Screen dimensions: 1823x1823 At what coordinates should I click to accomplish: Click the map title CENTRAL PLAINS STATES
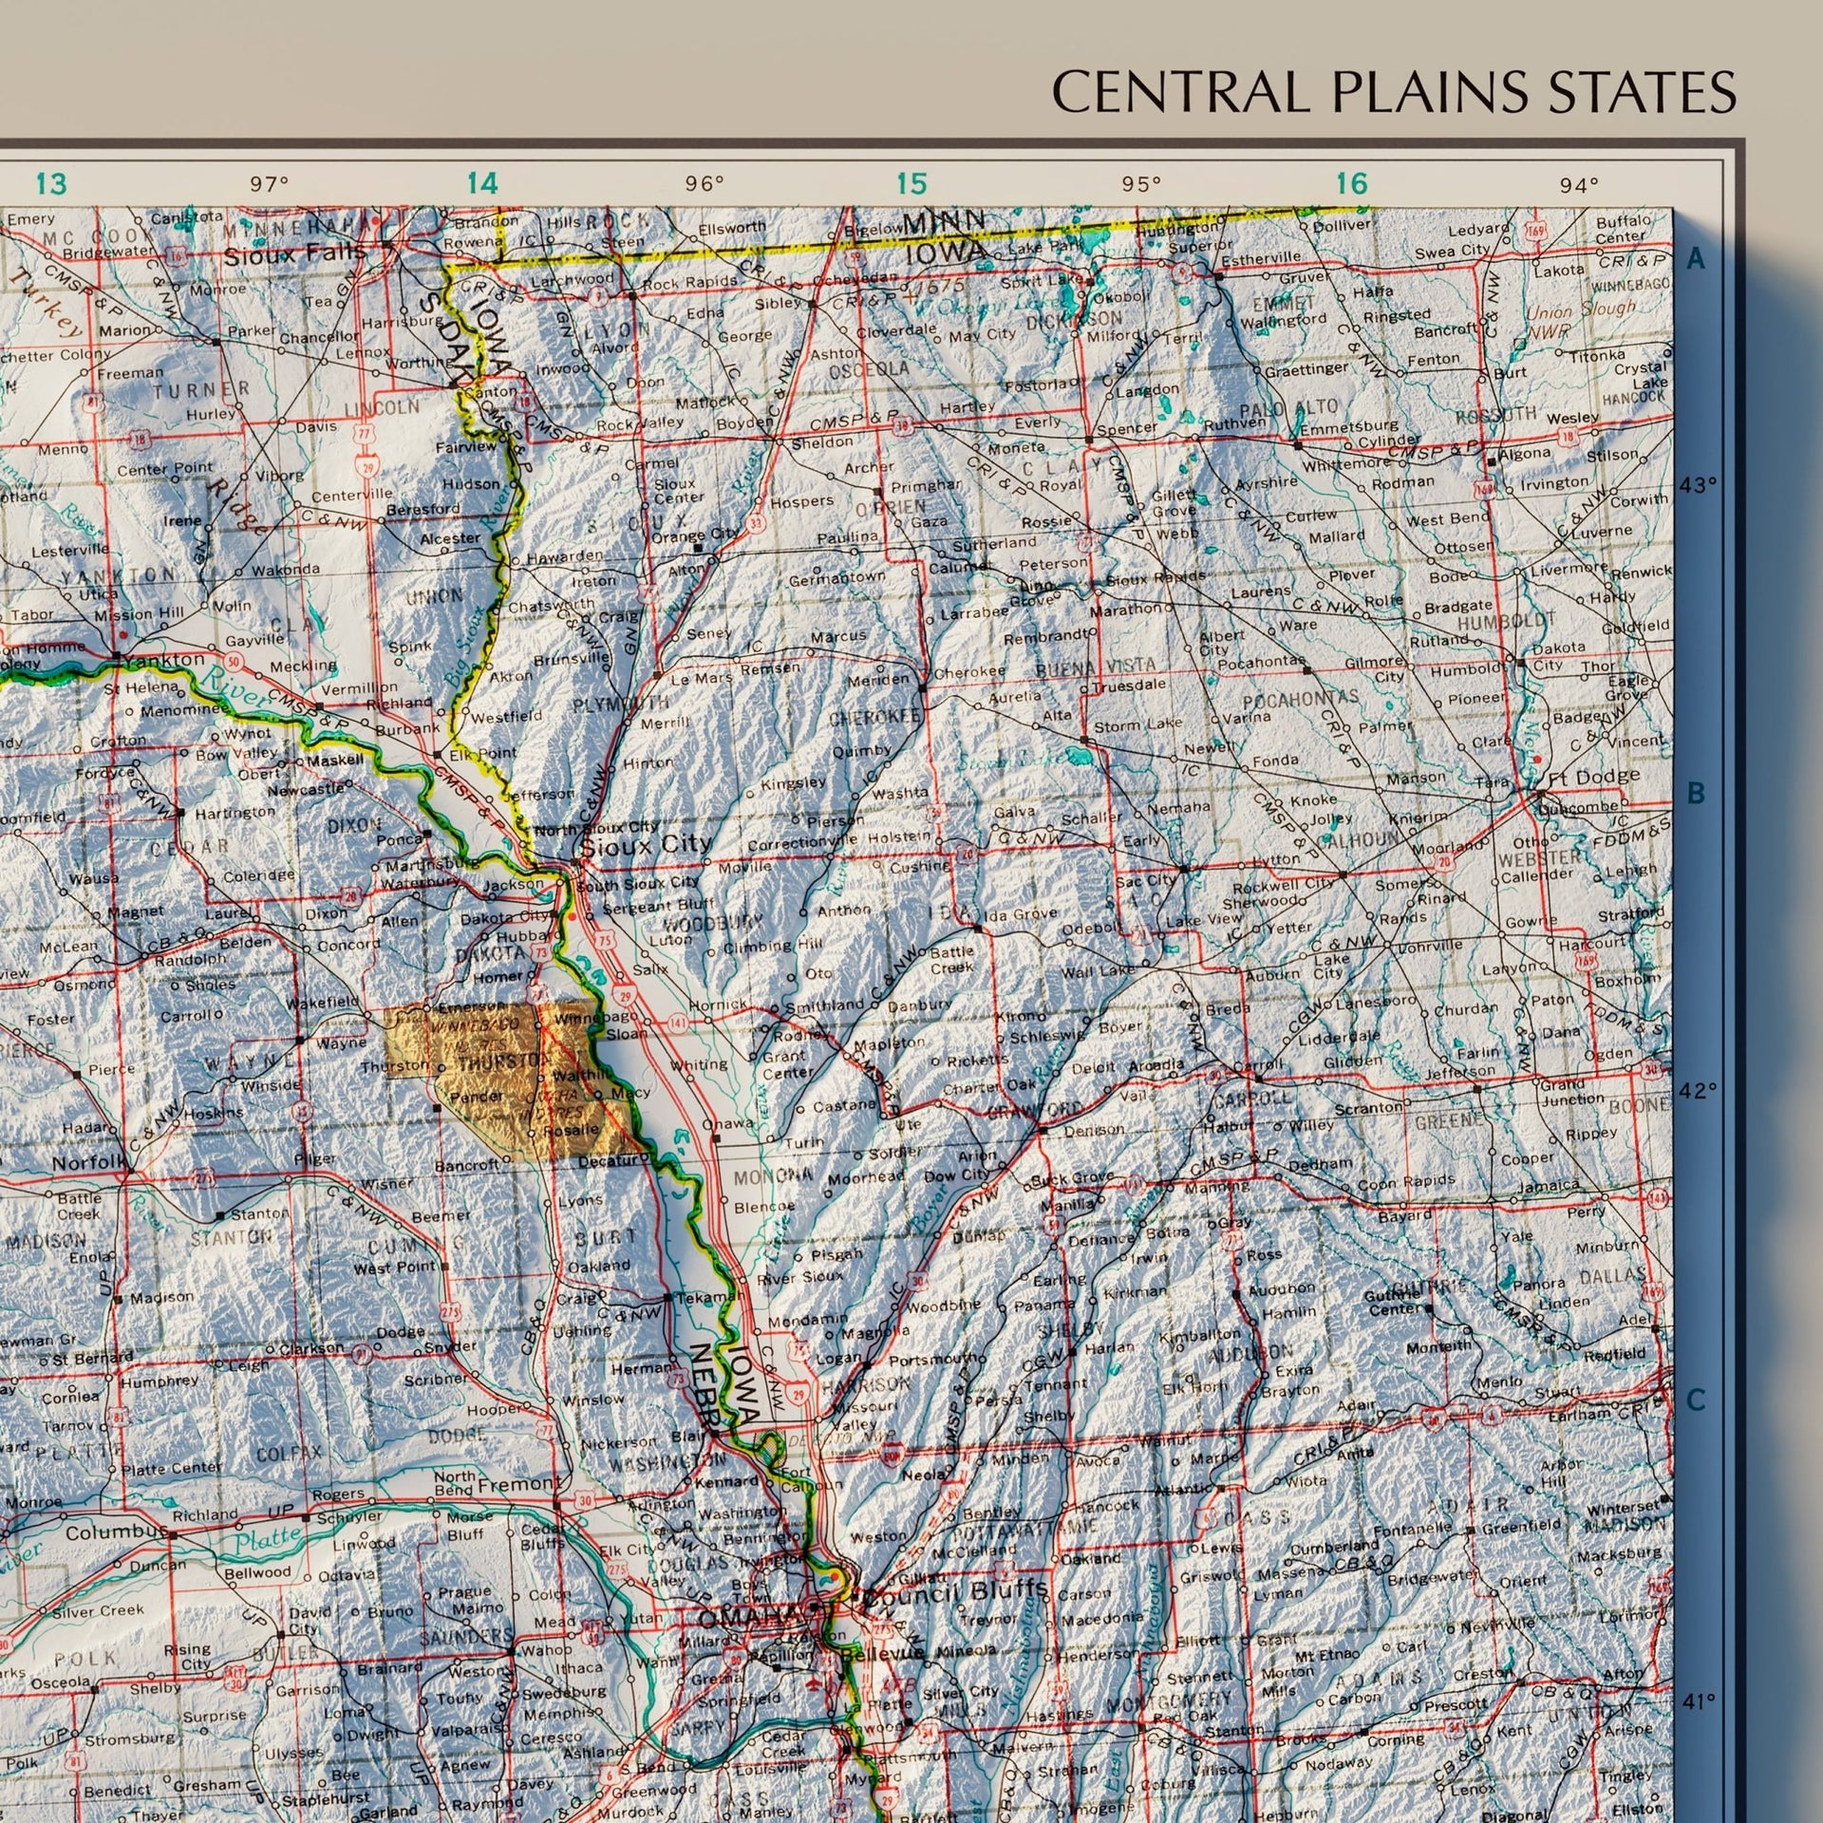[x=1394, y=92]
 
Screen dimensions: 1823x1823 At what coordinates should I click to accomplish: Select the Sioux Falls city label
[x=294, y=254]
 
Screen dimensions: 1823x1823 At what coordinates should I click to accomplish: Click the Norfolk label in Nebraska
[x=88, y=1162]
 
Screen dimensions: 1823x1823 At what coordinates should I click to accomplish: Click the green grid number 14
[x=482, y=183]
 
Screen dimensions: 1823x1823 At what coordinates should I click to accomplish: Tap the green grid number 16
[x=1351, y=183]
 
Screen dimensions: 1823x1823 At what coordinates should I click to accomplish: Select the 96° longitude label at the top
[x=705, y=184]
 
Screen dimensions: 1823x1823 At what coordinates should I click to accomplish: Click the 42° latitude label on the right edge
[x=1700, y=1091]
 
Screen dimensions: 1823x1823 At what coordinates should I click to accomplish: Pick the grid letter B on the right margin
[x=1696, y=795]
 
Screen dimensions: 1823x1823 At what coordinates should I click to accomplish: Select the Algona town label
[x=1524, y=453]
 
